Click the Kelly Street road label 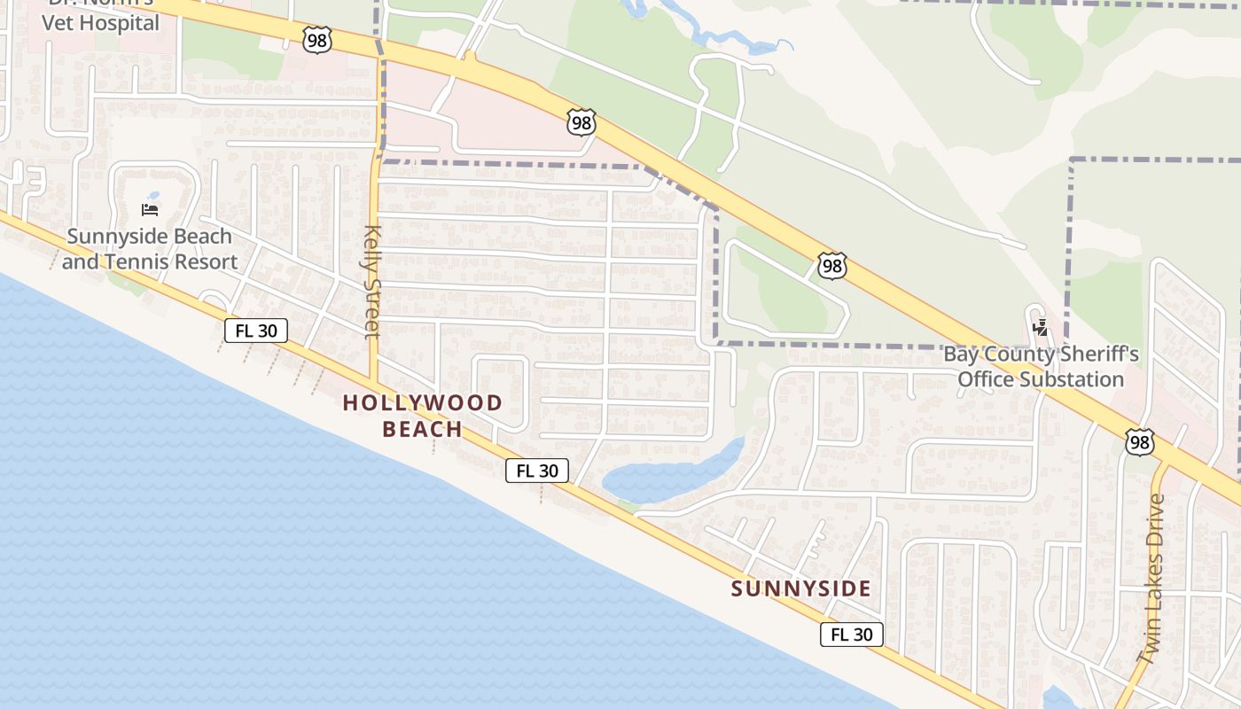(x=371, y=282)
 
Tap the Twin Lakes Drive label (x=1152, y=580)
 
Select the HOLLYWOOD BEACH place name (x=422, y=416)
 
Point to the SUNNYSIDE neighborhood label (x=800, y=588)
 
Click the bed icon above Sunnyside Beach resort (x=150, y=210)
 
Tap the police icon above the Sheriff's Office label (x=1040, y=328)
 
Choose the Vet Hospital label (x=102, y=22)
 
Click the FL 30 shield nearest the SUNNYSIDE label (x=851, y=635)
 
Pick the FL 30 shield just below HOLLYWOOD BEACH (x=536, y=471)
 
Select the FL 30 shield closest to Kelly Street (x=256, y=331)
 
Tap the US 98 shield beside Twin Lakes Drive (x=1140, y=442)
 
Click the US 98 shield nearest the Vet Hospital (x=316, y=39)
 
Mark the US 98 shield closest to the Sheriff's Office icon (x=831, y=265)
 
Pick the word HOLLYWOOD (x=422, y=403)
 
